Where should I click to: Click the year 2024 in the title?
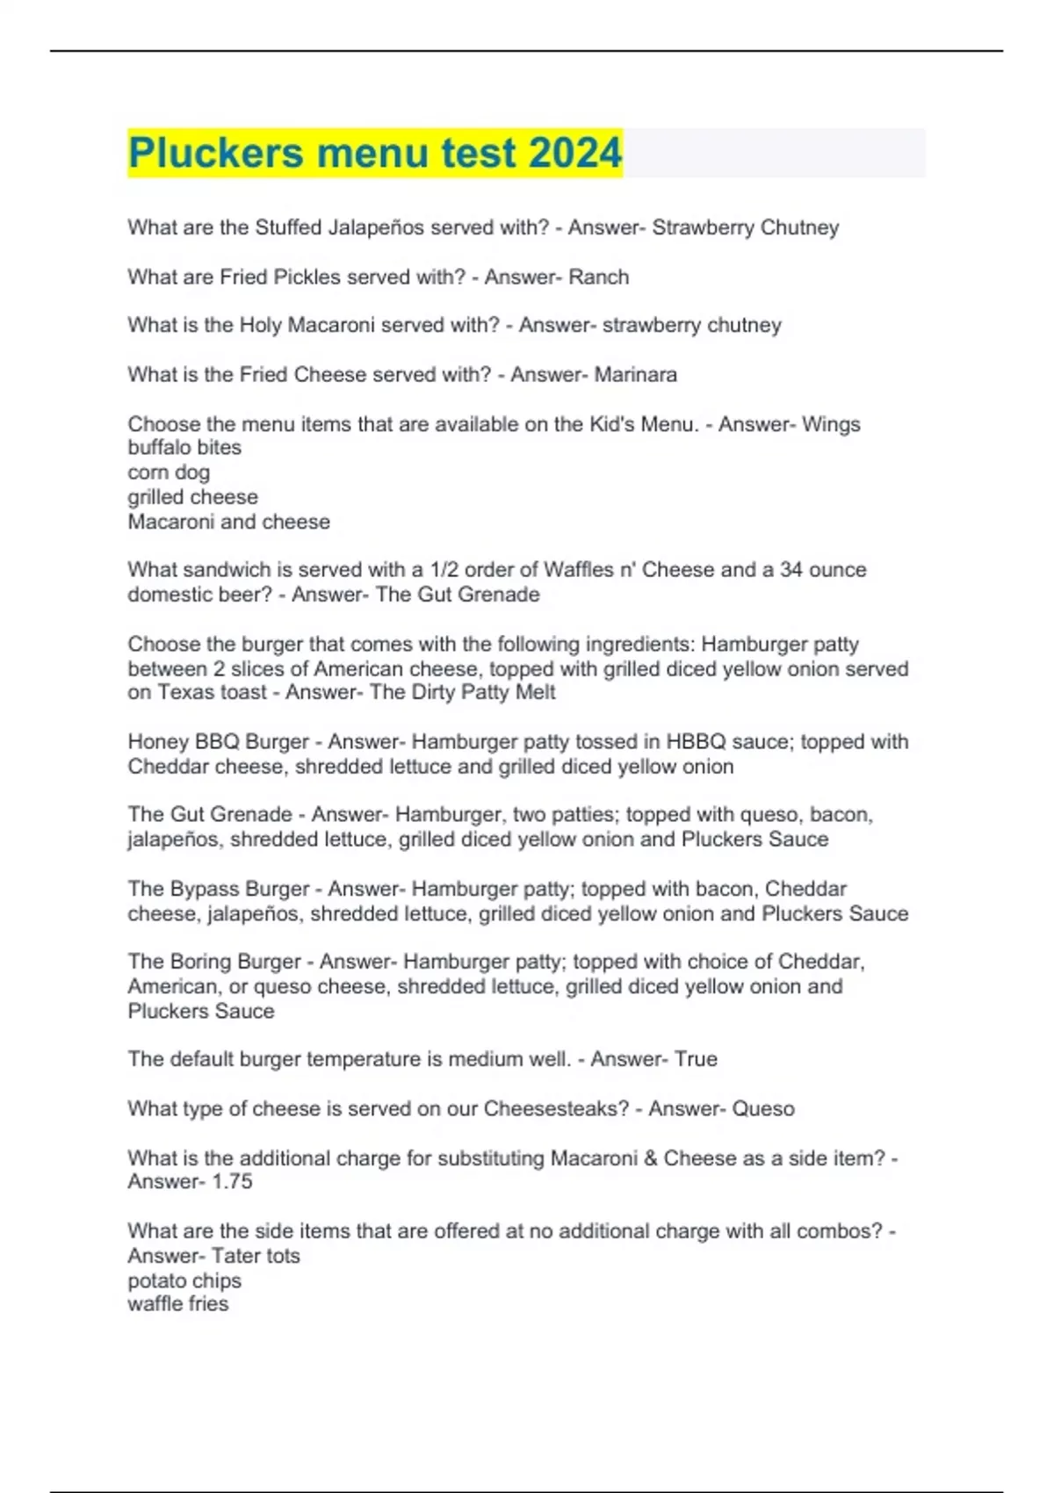point(575,153)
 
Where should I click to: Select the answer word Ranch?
point(599,277)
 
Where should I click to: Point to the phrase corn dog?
point(169,472)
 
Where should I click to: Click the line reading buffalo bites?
point(184,447)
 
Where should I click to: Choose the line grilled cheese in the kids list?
point(192,497)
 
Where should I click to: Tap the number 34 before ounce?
point(791,569)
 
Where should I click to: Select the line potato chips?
point(184,1280)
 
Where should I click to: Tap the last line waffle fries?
point(177,1304)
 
